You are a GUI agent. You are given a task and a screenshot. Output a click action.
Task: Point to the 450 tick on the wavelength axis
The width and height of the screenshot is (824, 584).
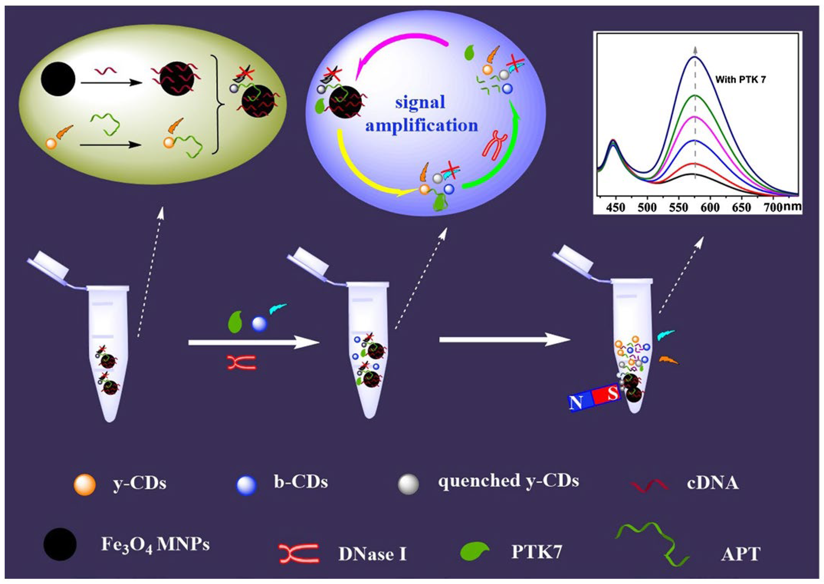pos(616,208)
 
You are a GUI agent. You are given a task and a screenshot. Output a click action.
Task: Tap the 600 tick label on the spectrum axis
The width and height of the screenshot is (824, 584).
pos(710,208)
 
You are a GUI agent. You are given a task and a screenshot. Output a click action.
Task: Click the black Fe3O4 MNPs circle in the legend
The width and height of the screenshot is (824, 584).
pos(60,544)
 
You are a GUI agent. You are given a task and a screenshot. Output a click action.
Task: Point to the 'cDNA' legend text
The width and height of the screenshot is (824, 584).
pos(713,483)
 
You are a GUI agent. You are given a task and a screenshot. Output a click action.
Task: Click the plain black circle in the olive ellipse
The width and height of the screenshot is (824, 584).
pos(58,80)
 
